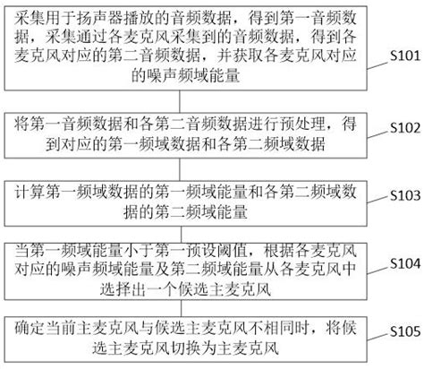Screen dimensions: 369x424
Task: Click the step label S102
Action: coord(398,126)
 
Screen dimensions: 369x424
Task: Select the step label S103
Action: coord(398,193)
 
